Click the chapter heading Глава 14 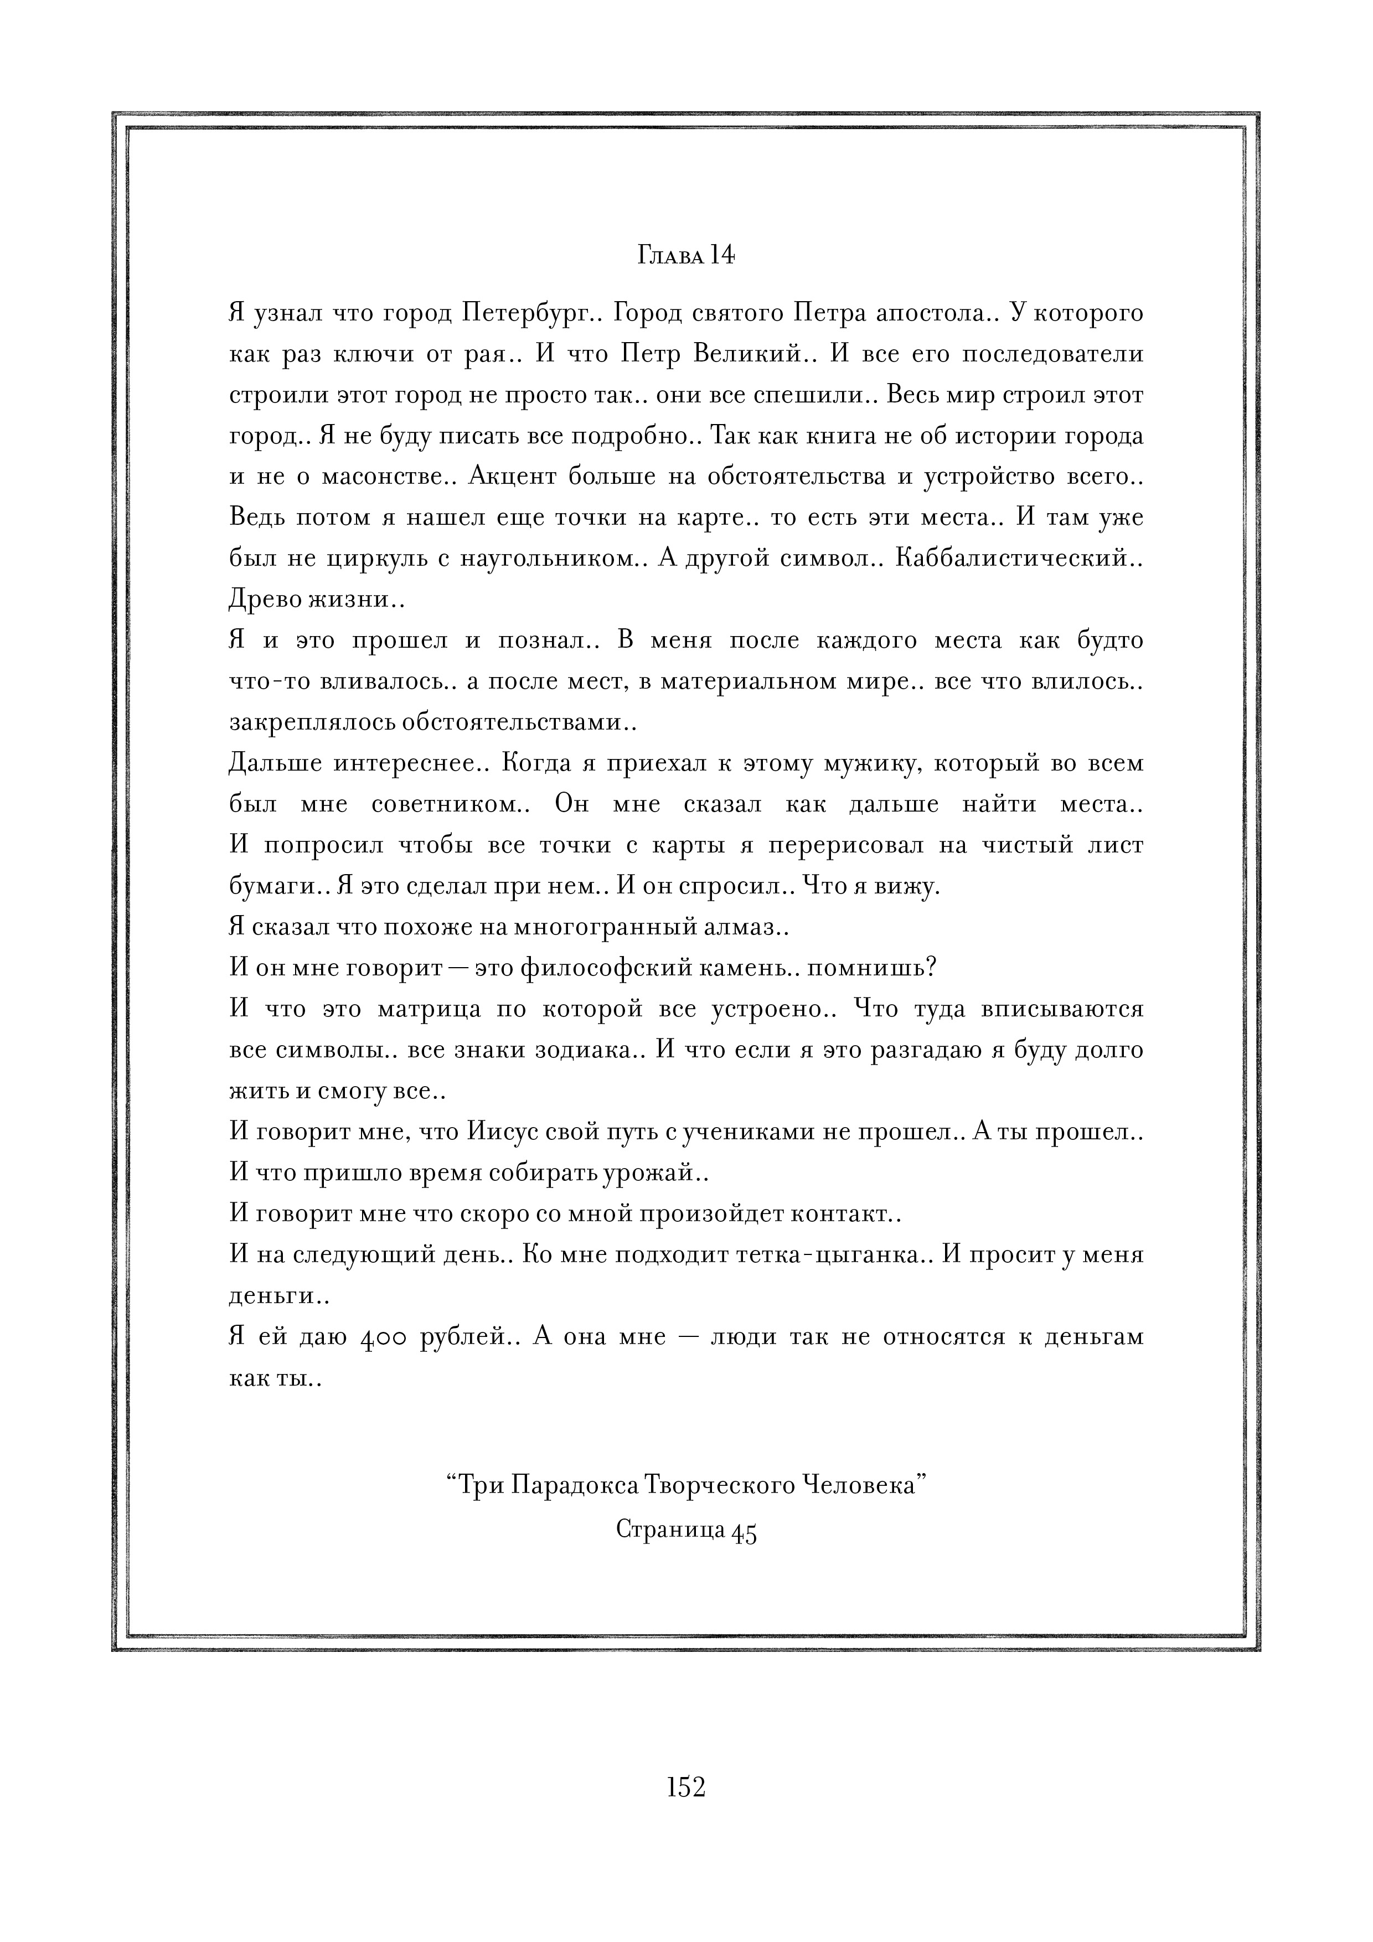(x=685, y=255)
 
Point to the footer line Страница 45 (x=685, y=1529)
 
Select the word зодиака (x=596, y=1051)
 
